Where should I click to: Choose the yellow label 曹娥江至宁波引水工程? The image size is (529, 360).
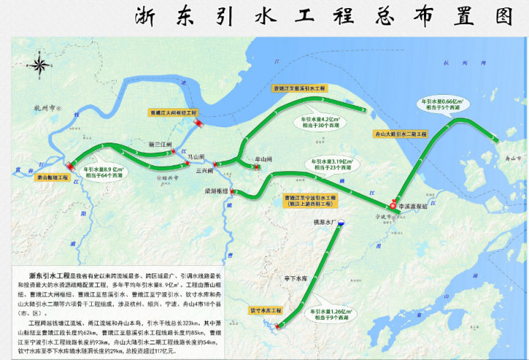coord(310,200)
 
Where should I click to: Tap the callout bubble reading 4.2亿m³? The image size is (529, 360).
coord(320,121)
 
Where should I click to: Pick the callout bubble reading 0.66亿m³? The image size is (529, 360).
coord(438,103)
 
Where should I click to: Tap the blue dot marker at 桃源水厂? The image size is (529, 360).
coord(340,226)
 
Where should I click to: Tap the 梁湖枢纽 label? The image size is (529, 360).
coord(215,190)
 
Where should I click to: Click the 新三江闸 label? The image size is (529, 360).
coord(159,145)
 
